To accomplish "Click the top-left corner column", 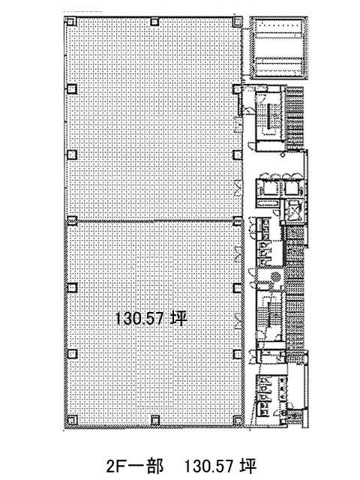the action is coord(70,21).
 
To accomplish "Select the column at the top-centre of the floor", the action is coord(154,21).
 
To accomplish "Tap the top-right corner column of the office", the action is coord(237,21).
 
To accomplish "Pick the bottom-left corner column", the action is coord(72,419).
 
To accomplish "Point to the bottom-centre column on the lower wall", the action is coord(155,420).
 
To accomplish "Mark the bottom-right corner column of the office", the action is coord(238,420).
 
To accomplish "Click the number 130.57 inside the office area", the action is coord(139,319).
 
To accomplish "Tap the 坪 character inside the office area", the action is coord(179,318).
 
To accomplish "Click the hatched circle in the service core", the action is coord(276,277).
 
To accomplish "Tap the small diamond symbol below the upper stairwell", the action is coord(283,155).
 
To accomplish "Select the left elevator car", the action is coord(267,188).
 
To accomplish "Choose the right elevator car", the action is coord(293,188).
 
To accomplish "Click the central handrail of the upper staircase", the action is coord(270,117).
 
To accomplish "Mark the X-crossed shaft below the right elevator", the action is coord(293,209).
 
